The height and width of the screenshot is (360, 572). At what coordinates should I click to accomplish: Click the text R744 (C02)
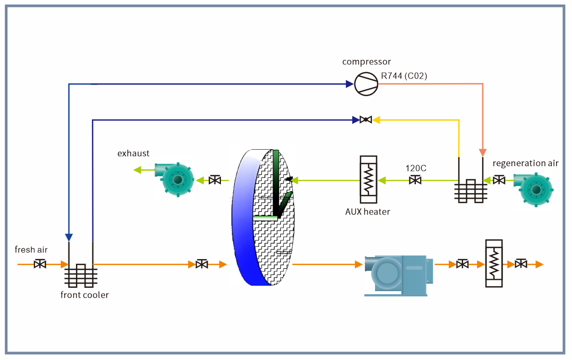point(404,76)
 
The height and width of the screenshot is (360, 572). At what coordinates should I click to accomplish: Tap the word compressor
point(366,62)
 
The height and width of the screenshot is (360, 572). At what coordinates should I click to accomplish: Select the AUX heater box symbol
point(368,179)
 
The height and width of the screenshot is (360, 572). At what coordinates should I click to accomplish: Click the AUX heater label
point(368,212)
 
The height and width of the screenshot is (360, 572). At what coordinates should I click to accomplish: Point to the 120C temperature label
point(416,168)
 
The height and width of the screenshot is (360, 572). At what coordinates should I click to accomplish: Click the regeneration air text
point(525,163)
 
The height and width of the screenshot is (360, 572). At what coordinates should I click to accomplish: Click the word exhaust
point(133,153)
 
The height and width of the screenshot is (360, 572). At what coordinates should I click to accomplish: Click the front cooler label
point(84,295)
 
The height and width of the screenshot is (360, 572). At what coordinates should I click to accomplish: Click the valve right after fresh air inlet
point(40,264)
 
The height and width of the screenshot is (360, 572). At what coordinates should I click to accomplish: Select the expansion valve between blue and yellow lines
point(365,120)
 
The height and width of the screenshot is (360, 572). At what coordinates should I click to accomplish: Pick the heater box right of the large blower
point(493,263)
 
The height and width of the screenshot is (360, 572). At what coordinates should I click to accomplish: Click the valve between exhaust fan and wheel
point(215,181)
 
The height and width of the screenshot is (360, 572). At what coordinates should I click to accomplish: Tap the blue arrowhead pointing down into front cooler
point(69,237)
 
